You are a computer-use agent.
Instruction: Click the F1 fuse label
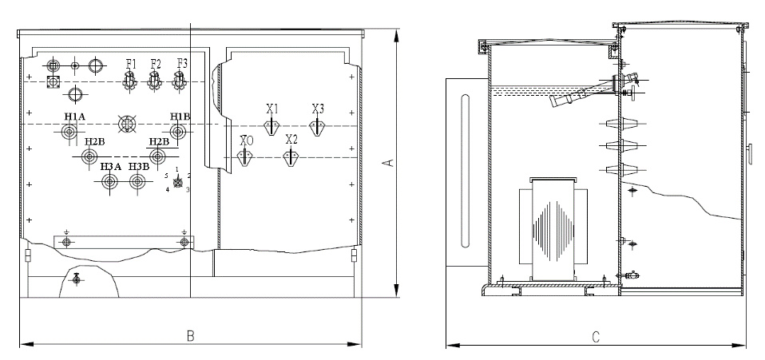(130, 63)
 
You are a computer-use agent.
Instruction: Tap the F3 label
(182, 63)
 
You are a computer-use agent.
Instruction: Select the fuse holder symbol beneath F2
(155, 79)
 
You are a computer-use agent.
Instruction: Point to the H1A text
(74, 117)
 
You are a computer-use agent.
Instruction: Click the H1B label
(180, 117)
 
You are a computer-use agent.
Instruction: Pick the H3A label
(110, 167)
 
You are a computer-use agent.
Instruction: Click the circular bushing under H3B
(139, 182)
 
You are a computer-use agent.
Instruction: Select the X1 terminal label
(272, 109)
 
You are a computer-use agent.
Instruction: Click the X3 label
(318, 109)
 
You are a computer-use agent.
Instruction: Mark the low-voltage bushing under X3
(317, 127)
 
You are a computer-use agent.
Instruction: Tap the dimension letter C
(596, 337)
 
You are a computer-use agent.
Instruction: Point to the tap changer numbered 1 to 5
(177, 182)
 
